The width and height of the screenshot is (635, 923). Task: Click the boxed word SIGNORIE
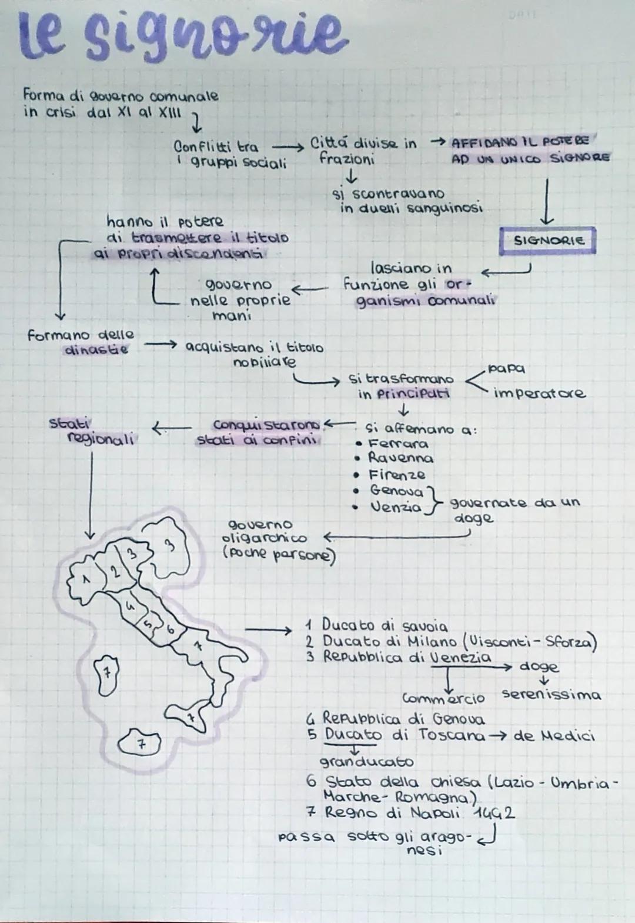(x=548, y=241)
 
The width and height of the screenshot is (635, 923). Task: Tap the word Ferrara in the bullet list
(x=398, y=444)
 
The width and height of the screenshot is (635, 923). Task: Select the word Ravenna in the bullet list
(x=400, y=458)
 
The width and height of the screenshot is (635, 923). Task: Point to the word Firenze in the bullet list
(x=397, y=475)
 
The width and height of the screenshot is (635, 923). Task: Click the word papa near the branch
(x=506, y=369)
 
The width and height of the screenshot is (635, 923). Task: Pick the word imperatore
(x=539, y=394)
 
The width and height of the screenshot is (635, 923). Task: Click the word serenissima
(x=552, y=695)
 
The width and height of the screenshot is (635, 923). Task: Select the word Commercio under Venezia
(x=444, y=698)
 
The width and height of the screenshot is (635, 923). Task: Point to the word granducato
(x=366, y=762)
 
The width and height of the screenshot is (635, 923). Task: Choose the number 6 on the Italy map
(x=171, y=630)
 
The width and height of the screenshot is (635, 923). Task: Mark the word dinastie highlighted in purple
(x=95, y=350)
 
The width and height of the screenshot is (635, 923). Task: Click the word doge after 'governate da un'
(x=473, y=519)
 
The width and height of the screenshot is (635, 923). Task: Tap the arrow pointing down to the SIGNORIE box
(x=547, y=203)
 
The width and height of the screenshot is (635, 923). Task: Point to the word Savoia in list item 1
(x=422, y=626)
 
